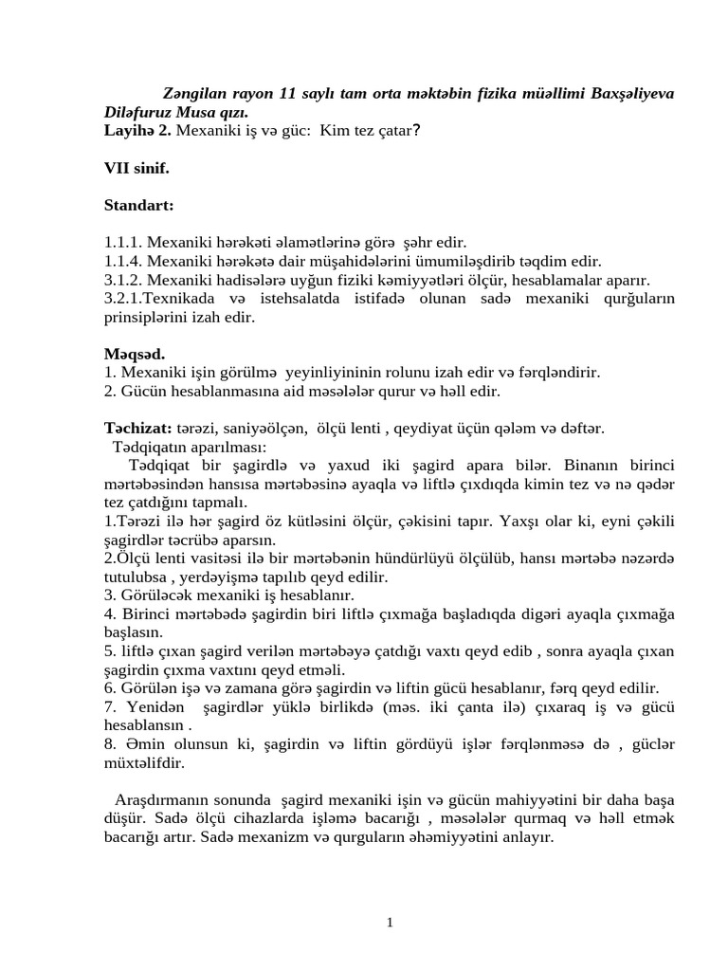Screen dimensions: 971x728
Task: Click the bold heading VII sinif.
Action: pyautogui.click(x=136, y=168)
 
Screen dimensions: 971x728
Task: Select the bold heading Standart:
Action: pyautogui.click(x=139, y=205)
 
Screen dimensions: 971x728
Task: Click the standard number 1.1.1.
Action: pyautogui.click(x=123, y=243)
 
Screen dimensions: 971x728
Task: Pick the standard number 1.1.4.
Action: pyautogui.click(x=123, y=261)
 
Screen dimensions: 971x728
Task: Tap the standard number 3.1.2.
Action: pyautogui.click(x=123, y=280)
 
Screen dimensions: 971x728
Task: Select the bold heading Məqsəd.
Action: pyautogui.click(x=135, y=354)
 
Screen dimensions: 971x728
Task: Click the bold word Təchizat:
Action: pyautogui.click(x=137, y=429)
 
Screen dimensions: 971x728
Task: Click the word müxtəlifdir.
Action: pyautogui.click(x=144, y=762)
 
